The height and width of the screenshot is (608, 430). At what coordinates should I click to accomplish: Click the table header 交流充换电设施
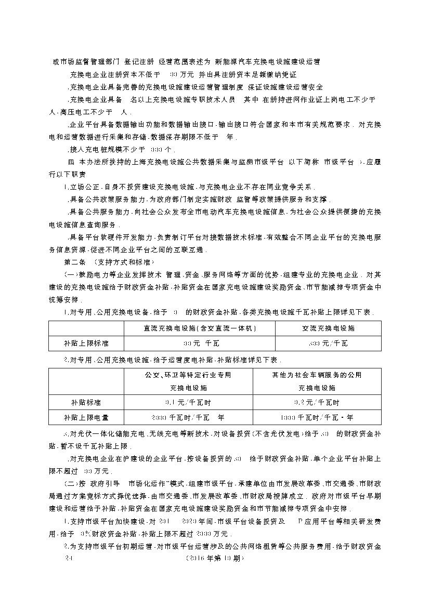point(328,328)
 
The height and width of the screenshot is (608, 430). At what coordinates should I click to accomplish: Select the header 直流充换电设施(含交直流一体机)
point(200,328)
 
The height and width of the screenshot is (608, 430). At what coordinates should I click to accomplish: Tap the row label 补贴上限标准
point(86,343)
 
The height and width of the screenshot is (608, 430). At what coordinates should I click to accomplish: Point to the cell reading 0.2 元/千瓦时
point(317,402)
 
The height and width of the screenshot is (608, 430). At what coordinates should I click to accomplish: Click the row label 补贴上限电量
point(86,417)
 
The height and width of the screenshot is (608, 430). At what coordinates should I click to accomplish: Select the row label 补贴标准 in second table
point(86,402)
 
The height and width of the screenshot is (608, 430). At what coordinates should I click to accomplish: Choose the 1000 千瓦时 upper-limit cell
point(317,417)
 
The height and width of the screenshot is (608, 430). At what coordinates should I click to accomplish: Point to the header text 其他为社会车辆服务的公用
point(317,375)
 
